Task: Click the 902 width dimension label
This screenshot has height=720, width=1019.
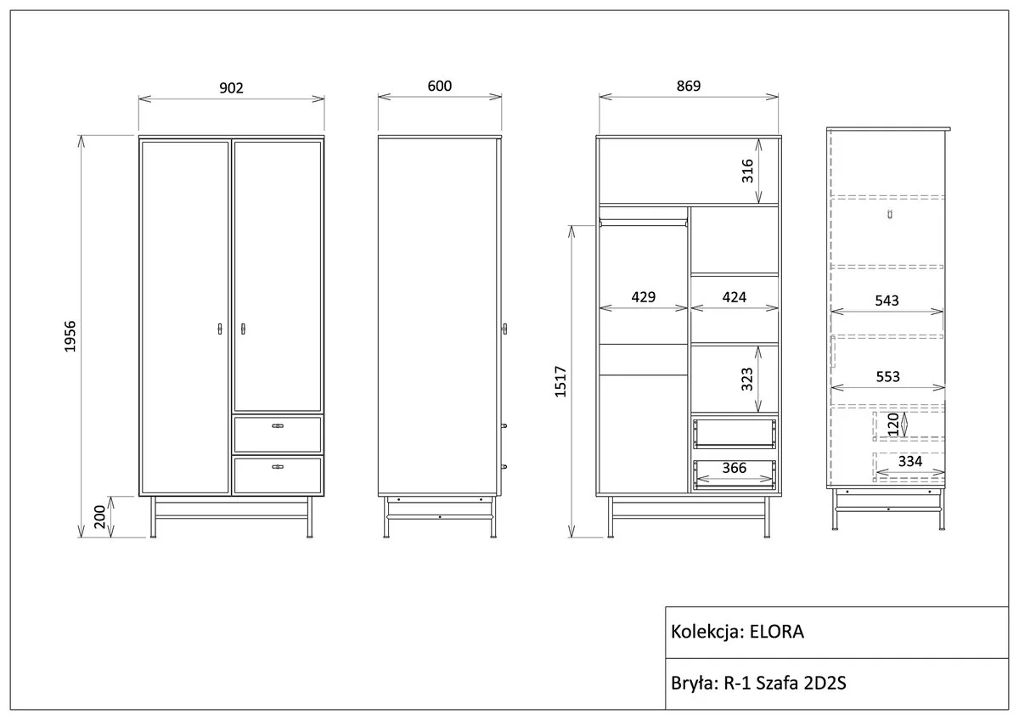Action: [x=231, y=87]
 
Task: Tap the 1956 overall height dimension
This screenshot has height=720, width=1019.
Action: [x=70, y=336]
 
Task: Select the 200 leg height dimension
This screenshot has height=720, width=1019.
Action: [x=99, y=517]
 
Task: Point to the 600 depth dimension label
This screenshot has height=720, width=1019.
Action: [x=440, y=86]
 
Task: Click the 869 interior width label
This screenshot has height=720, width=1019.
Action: [x=689, y=86]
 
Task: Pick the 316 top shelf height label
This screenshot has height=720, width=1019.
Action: [x=747, y=171]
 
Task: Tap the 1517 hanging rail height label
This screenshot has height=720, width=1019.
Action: [x=560, y=381]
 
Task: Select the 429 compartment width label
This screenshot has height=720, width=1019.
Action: [x=644, y=297]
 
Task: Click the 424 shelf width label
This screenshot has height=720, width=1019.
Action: [x=735, y=297]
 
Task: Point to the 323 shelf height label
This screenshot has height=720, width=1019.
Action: [x=747, y=380]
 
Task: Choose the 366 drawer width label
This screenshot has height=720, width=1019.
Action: [x=735, y=468]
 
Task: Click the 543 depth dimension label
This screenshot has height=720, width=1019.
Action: [x=887, y=301]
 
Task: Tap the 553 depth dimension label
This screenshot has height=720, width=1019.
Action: [x=887, y=377]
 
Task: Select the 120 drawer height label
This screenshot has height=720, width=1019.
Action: [x=893, y=425]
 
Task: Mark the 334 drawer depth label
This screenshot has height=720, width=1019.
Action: [x=909, y=461]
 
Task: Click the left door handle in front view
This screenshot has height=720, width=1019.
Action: [x=220, y=329]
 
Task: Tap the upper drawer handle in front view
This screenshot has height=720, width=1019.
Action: [x=278, y=425]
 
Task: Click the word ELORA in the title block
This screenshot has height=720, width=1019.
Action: [x=776, y=632]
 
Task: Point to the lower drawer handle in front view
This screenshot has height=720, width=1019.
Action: [x=278, y=467]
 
